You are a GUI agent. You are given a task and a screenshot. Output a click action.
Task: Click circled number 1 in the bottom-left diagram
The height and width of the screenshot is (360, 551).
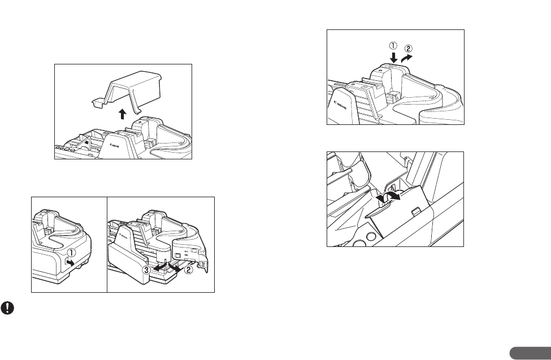(x=72, y=253)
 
